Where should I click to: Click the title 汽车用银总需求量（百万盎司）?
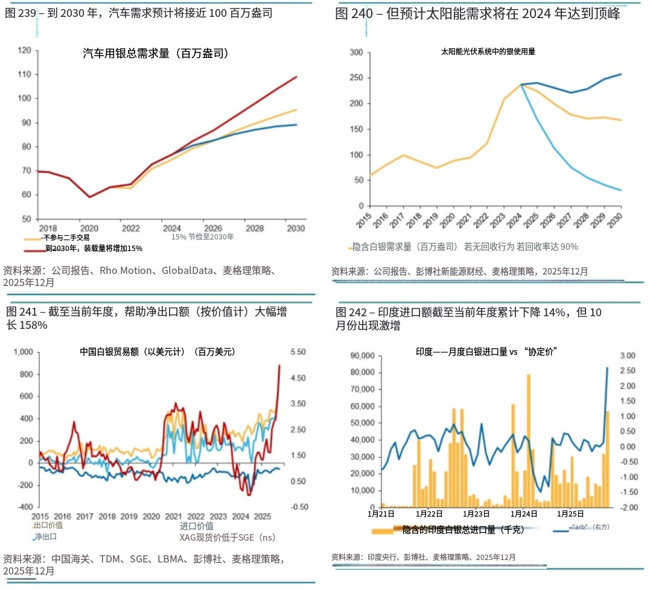(x=155, y=54)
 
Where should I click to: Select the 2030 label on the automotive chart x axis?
(x=296, y=229)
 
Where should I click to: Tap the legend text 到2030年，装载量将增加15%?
(x=94, y=248)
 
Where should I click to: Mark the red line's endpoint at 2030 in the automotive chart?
(x=297, y=77)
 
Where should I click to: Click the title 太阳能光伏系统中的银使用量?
(x=488, y=52)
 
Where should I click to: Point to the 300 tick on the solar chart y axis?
(x=356, y=53)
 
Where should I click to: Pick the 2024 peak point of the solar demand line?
(x=520, y=84)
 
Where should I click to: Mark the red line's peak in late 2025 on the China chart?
(x=279, y=365)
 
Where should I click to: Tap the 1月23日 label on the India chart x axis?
(x=477, y=514)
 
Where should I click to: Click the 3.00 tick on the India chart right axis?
(x=627, y=356)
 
